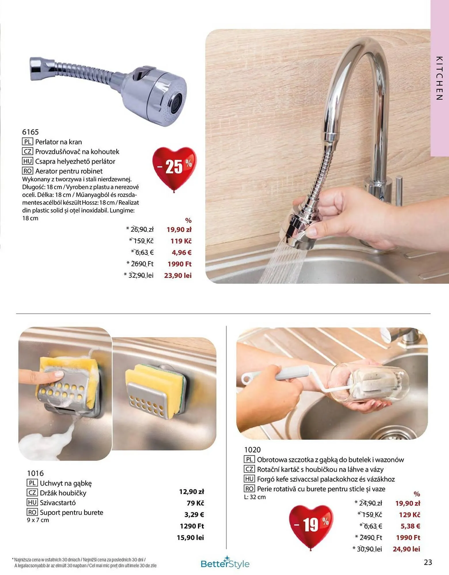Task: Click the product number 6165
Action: coord(30,132)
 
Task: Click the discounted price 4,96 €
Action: coord(181,252)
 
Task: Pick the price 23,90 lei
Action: coord(178,275)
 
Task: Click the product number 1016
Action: coord(35,473)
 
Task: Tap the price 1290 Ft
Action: coord(192,526)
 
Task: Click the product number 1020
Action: coord(252,450)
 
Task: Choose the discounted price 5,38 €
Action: coord(410,526)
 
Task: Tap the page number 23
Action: coord(428,562)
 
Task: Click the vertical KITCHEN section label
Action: coord(439,78)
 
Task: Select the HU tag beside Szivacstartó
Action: coord(32,503)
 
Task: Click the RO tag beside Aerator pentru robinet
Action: coord(27,171)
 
